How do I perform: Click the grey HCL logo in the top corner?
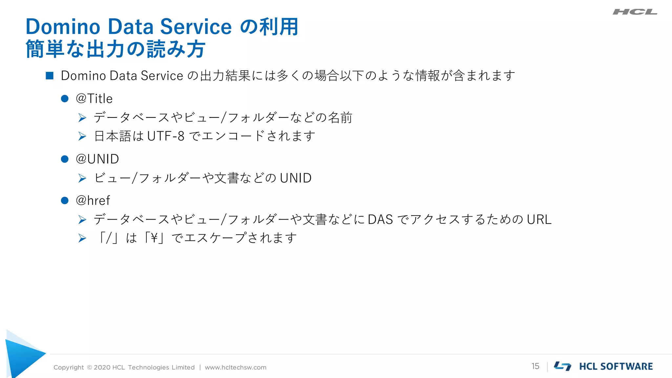pos(635,12)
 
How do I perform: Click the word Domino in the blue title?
pos(63,27)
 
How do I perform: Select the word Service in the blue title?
pos(196,27)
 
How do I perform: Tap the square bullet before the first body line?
pos(50,76)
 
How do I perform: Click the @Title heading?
pos(94,99)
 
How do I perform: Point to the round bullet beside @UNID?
pos(65,159)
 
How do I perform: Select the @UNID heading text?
pos(97,159)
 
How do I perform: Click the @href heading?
pos(93,200)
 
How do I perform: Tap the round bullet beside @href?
pos(65,200)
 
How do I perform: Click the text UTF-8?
pos(166,136)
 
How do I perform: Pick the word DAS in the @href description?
pos(380,220)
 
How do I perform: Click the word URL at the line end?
pos(539,220)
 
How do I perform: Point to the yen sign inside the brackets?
pos(154,238)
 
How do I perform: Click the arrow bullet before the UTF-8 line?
pos(82,136)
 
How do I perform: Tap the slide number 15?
pos(535,366)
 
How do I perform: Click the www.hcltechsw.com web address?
pos(236,367)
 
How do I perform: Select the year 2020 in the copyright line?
pos(102,367)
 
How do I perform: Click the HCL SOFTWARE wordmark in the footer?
pos(616,367)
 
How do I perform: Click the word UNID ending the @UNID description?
pos(296,178)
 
